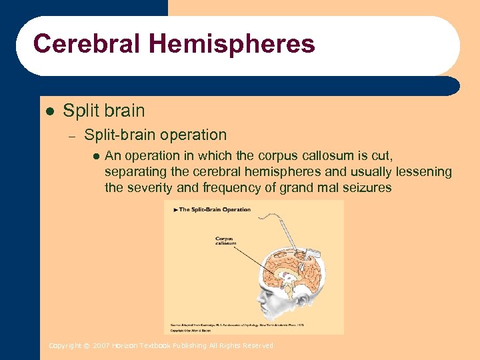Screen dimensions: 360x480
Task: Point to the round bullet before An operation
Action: (95, 157)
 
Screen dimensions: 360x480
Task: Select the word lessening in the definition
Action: (421, 172)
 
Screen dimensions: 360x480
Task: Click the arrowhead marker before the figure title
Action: (175, 209)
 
